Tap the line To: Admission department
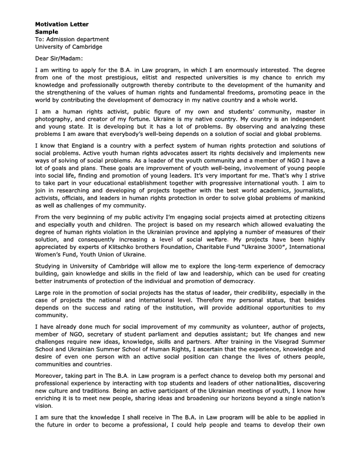point(72,39)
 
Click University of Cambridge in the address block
point(68,46)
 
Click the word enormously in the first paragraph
point(238,69)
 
